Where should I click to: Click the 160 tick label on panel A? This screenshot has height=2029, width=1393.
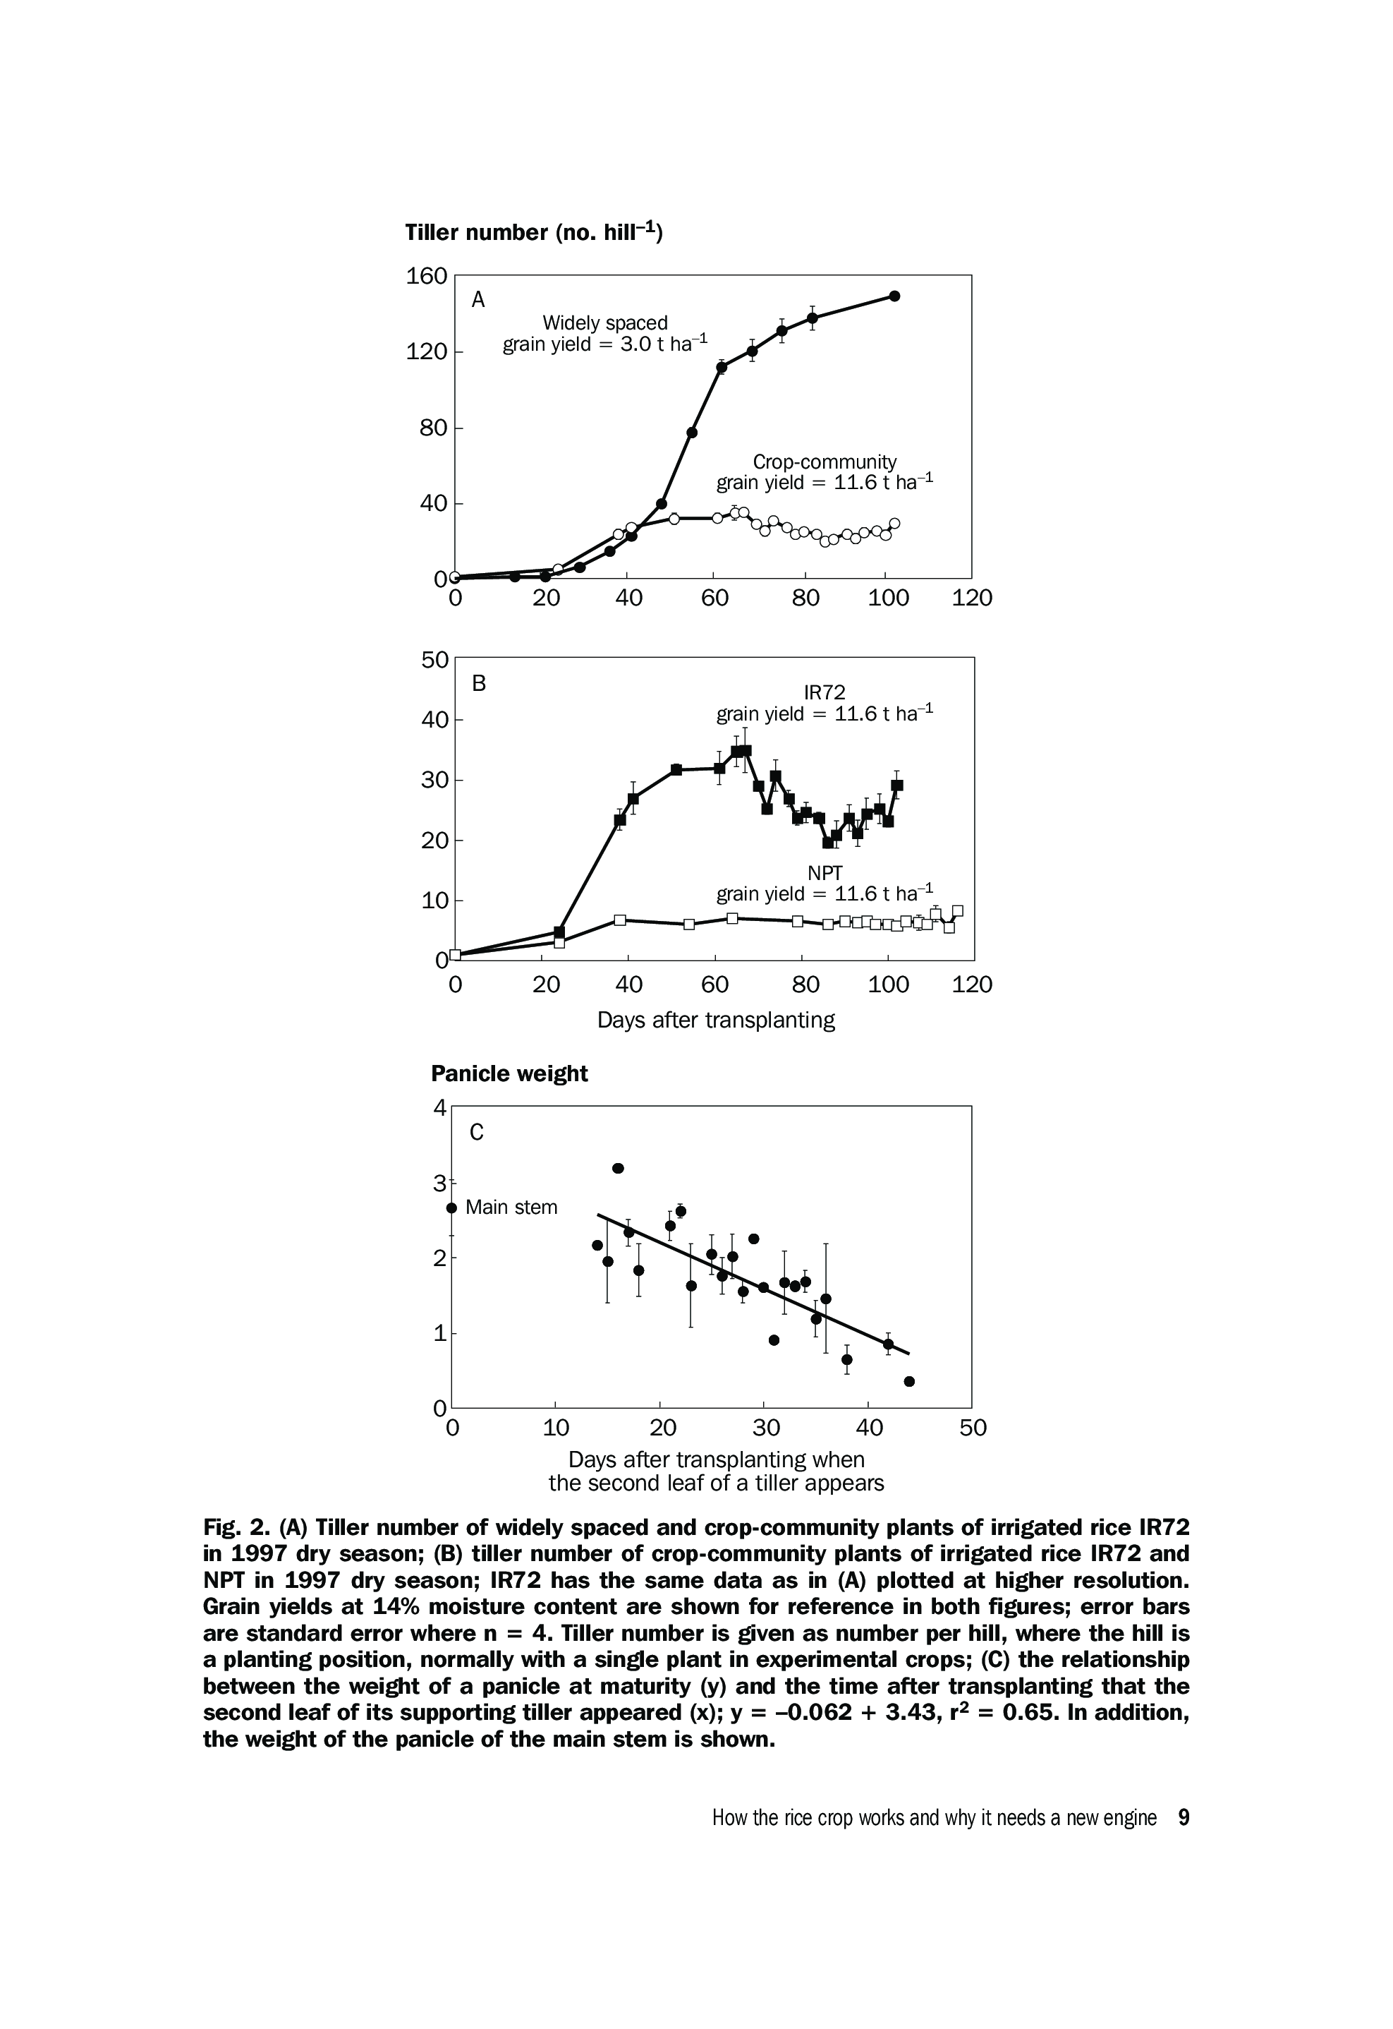coord(426,277)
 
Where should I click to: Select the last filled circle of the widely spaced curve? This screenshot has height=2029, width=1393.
coord(894,296)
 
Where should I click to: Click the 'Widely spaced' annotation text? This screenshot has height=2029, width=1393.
coord(605,323)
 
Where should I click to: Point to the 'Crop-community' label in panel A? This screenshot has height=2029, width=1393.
coord(824,462)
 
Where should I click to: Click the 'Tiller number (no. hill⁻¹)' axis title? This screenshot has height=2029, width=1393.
coord(534,232)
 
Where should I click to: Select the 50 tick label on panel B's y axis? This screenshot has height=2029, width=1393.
coord(434,660)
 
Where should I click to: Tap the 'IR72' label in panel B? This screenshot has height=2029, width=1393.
coord(825,692)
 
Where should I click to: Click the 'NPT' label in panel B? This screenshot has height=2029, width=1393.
coord(825,872)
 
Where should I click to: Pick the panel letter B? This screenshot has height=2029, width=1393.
coord(478,684)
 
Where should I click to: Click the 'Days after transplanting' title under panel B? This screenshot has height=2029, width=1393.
coord(716,1020)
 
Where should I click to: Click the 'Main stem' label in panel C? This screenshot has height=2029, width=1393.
coord(511,1208)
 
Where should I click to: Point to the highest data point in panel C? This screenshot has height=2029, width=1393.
coord(618,1168)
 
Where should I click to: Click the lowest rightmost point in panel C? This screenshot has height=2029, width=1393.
coord(908,1381)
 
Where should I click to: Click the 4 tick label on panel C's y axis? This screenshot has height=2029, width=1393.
coord(440,1108)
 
